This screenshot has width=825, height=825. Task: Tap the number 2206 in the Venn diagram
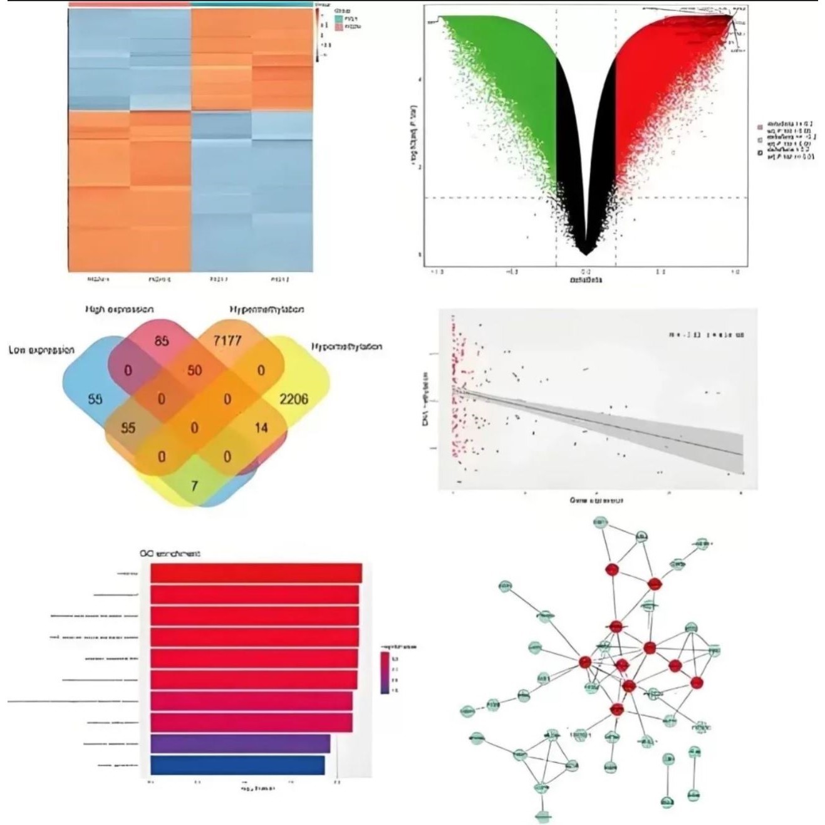click(x=294, y=398)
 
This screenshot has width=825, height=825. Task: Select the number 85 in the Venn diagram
click(x=162, y=341)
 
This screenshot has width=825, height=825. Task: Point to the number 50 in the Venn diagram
click(x=195, y=370)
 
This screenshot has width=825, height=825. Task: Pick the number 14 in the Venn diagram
click(x=261, y=428)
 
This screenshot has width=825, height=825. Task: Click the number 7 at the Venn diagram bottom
click(x=194, y=484)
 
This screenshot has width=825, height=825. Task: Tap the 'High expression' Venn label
click(x=119, y=309)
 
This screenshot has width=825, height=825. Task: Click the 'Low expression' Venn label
click(x=41, y=350)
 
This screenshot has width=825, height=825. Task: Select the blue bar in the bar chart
click(x=237, y=765)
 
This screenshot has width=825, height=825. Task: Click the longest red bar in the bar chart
click(x=256, y=573)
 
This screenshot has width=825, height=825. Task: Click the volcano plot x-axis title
click(x=586, y=280)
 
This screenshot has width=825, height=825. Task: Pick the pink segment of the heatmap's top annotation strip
click(x=128, y=4)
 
